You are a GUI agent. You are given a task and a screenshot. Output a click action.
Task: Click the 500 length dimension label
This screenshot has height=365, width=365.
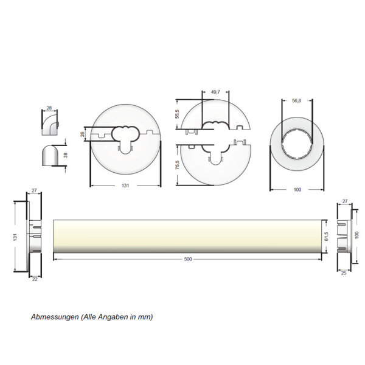coord(187,259)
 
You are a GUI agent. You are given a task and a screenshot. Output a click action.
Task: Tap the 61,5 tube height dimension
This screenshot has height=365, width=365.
coord(326,237)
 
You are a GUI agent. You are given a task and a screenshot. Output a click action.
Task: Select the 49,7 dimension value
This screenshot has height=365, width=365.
coord(215,92)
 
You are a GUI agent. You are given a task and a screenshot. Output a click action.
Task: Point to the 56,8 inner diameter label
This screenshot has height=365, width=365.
coord(297,100)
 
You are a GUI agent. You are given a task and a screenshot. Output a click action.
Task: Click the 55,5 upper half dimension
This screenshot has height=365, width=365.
coord(178,114)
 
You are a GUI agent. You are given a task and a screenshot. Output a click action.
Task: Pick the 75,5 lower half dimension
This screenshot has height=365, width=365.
coord(178,165)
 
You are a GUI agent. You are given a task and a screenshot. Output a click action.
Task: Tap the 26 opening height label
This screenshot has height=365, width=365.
coord(82,134)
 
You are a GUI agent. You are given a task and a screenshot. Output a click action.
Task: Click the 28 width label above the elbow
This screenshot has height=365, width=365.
coord(49,108)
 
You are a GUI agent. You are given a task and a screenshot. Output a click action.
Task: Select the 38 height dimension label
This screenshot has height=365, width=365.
coord(66,155)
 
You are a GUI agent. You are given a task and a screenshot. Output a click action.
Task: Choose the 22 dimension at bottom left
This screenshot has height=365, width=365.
coord(35,279)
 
